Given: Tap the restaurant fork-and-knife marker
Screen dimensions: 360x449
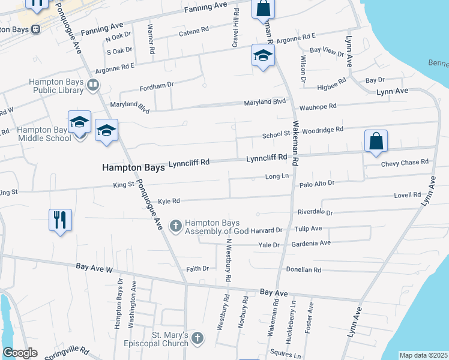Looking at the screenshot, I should [61, 220].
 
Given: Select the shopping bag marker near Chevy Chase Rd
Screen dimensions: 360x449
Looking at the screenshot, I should [376, 142].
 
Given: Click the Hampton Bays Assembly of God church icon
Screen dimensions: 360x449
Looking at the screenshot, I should [176, 226].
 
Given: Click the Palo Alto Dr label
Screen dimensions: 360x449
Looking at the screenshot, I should [316, 182].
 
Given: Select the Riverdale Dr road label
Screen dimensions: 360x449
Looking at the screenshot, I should [315, 212].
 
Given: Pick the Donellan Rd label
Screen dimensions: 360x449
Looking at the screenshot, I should [304, 270].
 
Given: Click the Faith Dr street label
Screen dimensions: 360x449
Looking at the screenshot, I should [197, 268].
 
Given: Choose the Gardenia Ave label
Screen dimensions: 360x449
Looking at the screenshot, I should [311, 243].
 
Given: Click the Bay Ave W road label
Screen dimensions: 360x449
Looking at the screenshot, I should [94, 268].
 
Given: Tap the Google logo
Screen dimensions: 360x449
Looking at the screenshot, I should [19, 353].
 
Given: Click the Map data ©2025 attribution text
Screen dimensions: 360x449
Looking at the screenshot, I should [423, 355].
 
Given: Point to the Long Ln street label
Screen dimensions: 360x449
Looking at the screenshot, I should [277, 176].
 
